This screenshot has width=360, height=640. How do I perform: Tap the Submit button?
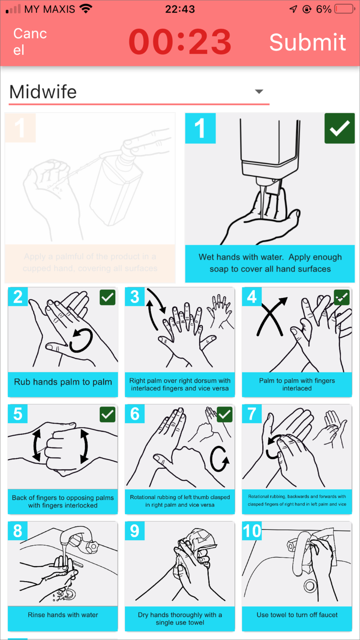308,42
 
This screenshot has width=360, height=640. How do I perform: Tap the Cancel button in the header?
30,42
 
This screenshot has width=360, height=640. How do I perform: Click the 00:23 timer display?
180,42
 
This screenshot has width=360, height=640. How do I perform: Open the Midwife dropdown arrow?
259,91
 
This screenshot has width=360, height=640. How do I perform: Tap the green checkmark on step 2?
107,297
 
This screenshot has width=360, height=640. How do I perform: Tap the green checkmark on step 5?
107,414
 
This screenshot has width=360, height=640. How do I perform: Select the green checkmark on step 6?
224,414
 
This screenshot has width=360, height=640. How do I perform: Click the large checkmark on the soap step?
340,128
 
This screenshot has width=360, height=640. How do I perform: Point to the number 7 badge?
252,414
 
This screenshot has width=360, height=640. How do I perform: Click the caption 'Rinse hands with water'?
63,615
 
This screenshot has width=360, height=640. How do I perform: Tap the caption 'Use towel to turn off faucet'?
297,615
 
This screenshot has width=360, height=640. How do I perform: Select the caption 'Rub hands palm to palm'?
63,382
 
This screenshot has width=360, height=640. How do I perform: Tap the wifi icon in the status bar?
86,9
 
